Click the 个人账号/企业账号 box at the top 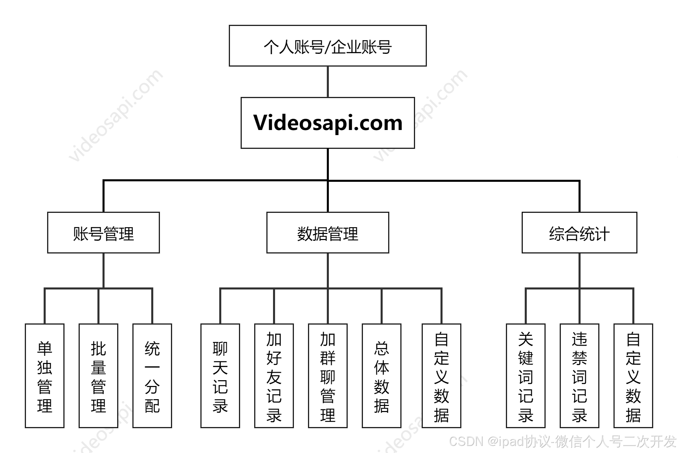tap(327, 46)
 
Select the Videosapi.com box tap(327, 123)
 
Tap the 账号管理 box tap(103, 233)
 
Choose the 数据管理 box tap(327, 233)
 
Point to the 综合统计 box tap(579, 233)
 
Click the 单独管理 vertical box tap(45, 376)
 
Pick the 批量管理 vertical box tap(98, 376)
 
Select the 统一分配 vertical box tap(152, 376)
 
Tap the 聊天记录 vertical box tap(220, 376)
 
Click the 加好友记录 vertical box tap(274, 376)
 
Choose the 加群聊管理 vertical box tap(327, 376)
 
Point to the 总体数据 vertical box tap(382, 376)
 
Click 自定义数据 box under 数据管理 tap(442, 376)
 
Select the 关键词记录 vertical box tap(525, 376)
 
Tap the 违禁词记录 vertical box tap(580, 376)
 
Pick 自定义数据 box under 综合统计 tap(633, 376)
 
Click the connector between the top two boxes tap(327, 82)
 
